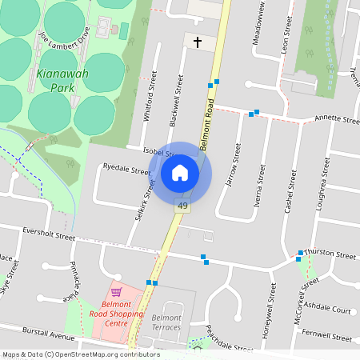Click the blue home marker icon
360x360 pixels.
[180, 172]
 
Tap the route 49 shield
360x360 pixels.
[183, 206]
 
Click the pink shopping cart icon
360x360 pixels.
[116, 292]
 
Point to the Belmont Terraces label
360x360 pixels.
[166, 322]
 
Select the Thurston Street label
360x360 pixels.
[329, 254]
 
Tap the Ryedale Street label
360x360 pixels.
[126, 170]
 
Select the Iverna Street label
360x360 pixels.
[258, 186]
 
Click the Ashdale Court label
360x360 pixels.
[328, 310]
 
